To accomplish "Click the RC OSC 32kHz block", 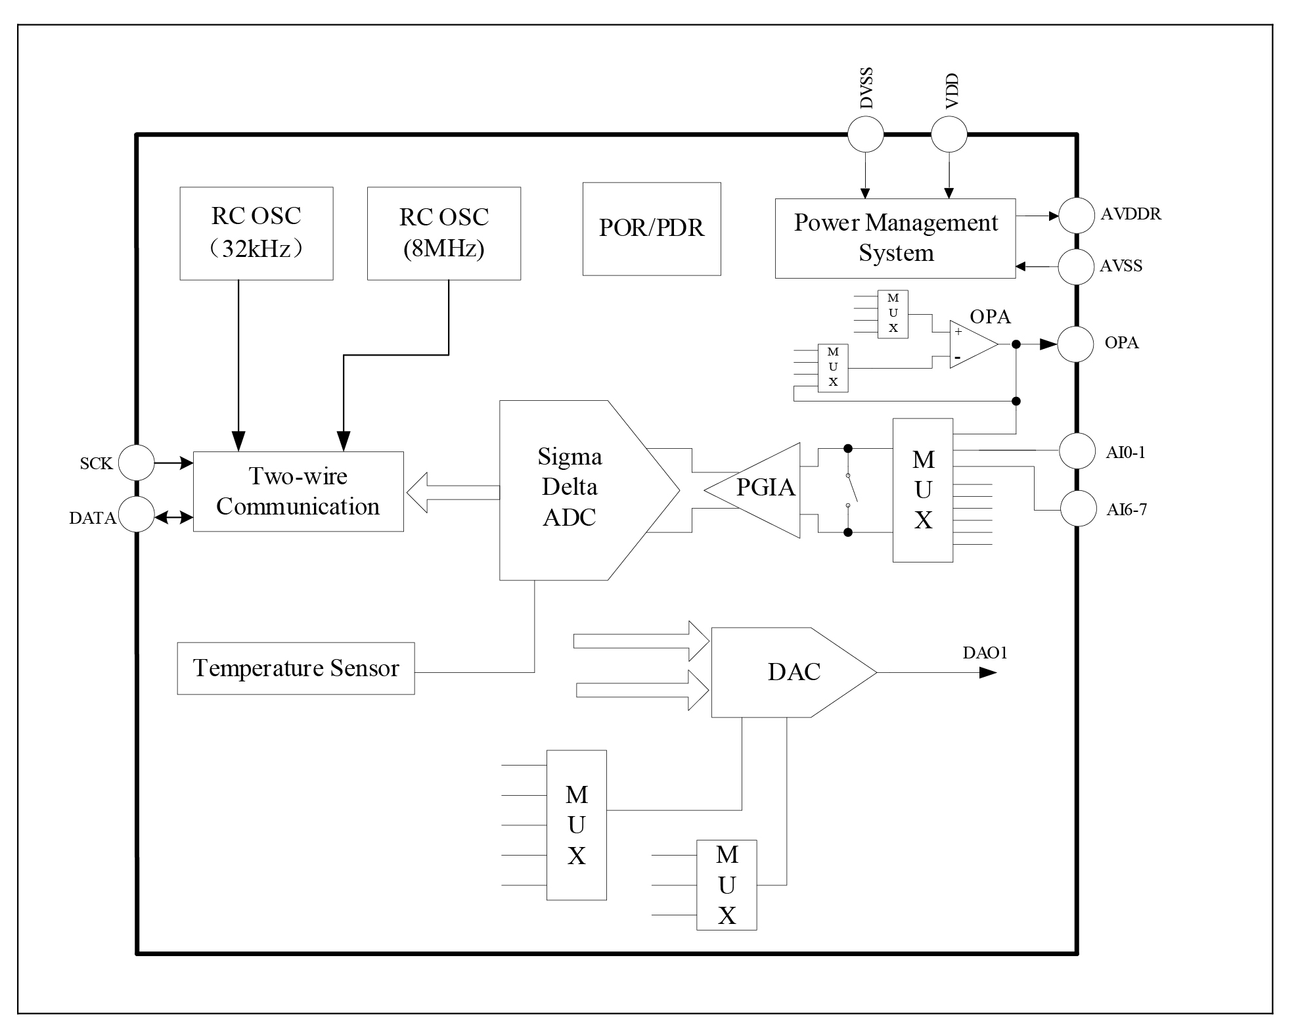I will (x=256, y=233).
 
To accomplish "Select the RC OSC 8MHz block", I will (x=443, y=233).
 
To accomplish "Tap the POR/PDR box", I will (x=651, y=229).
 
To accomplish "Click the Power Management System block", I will (x=895, y=238).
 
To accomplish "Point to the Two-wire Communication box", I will (x=298, y=491).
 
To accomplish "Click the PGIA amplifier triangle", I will (x=762, y=490).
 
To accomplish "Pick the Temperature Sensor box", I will (x=296, y=668).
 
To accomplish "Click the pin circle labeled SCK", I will (x=136, y=463).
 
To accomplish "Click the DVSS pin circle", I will (x=865, y=134).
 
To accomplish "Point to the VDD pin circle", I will (x=949, y=134).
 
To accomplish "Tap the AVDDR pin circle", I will (x=1076, y=215).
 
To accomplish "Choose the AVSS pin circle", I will (x=1076, y=266).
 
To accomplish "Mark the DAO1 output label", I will (x=985, y=653).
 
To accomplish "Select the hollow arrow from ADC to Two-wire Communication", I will (x=453, y=492).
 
